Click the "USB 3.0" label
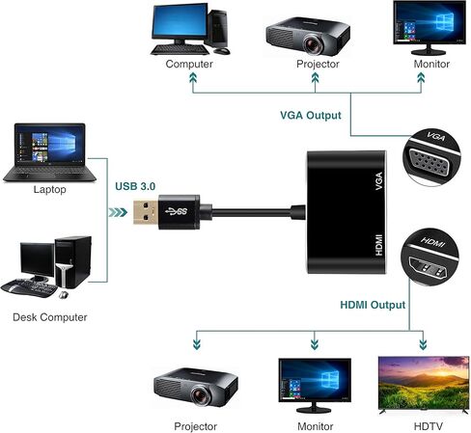[135, 186]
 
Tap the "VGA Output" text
[311, 116]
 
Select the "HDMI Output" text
[373, 305]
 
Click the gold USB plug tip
[146, 212]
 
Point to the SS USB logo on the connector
[176, 211]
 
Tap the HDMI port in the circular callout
[428, 267]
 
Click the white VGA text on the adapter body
[379, 180]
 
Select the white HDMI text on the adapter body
[379, 245]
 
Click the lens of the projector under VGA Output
[313, 44]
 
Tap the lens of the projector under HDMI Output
[201, 395]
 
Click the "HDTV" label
[429, 426]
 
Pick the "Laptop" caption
[50, 189]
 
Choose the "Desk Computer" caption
[50, 317]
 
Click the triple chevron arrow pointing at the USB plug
[118, 212]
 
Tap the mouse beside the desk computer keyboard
[64, 295]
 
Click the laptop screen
[49, 144]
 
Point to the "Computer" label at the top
[189, 64]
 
